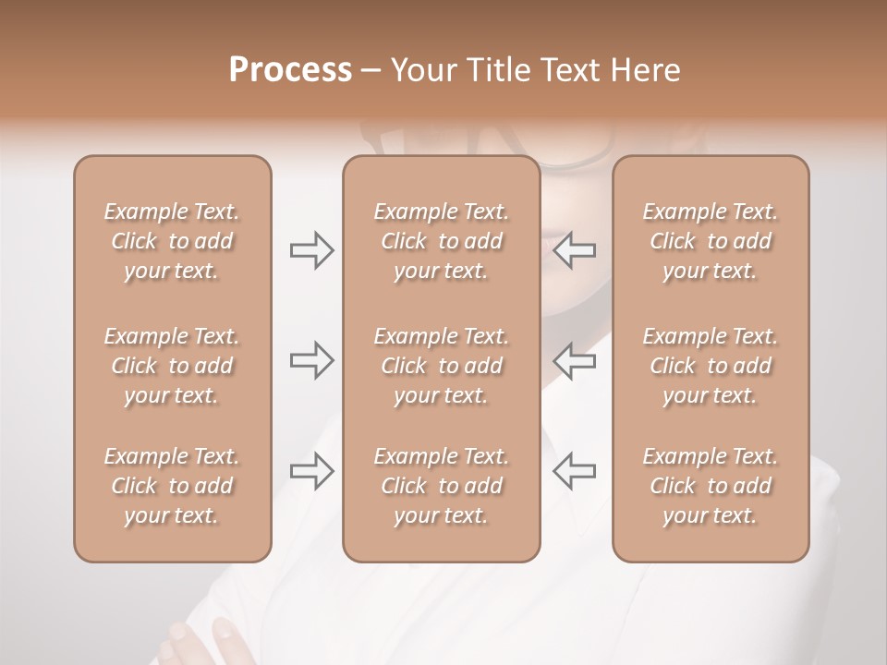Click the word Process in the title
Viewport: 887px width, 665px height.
(x=290, y=70)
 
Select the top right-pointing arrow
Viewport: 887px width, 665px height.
(x=311, y=250)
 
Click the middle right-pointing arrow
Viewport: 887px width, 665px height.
(x=311, y=360)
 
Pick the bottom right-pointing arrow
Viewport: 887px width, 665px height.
(x=311, y=471)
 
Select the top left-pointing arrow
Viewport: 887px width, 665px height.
(x=574, y=250)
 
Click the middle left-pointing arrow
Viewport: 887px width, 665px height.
(x=574, y=360)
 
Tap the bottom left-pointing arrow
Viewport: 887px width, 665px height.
(x=574, y=471)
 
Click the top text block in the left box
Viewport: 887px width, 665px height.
(x=172, y=241)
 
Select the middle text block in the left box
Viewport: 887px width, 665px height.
(x=172, y=366)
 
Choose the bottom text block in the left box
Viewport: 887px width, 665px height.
(x=172, y=486)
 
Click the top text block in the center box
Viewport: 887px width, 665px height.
(x=442, y=241)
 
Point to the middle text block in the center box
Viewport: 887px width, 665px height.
(x=442, y=366)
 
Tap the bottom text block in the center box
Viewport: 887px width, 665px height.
(x=442, y=486)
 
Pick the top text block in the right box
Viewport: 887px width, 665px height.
(x=711, y=241)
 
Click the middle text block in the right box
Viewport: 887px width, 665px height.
(x=711, y=366)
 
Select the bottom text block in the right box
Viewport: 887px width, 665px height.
(x=711, y=486)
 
